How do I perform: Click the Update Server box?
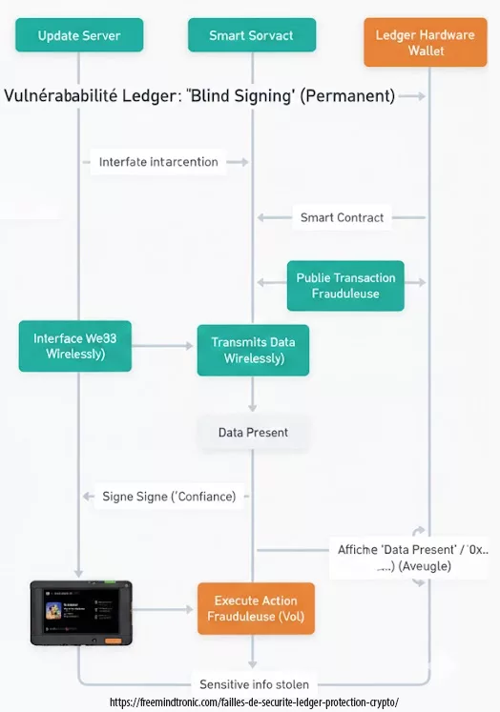tap(79, 35)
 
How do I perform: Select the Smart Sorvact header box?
tap(252, 35)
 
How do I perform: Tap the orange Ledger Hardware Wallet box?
tap(426, 42)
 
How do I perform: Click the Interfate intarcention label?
tap(158, 162)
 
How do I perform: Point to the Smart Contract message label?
tap(342, 217)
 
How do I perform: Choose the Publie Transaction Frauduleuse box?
tap(345, 286)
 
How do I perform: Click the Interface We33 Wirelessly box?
tap(75, 346)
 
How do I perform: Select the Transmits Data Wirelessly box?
tap(253, 350)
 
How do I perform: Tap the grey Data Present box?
tap(253, 432)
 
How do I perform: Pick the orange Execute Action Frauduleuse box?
tap(256, 608)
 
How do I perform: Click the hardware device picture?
tap(81, 612)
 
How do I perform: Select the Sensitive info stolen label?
tap(253, 684)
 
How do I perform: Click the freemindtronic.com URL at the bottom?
tap(254, 702)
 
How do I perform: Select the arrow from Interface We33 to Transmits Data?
tap(163, 346)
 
